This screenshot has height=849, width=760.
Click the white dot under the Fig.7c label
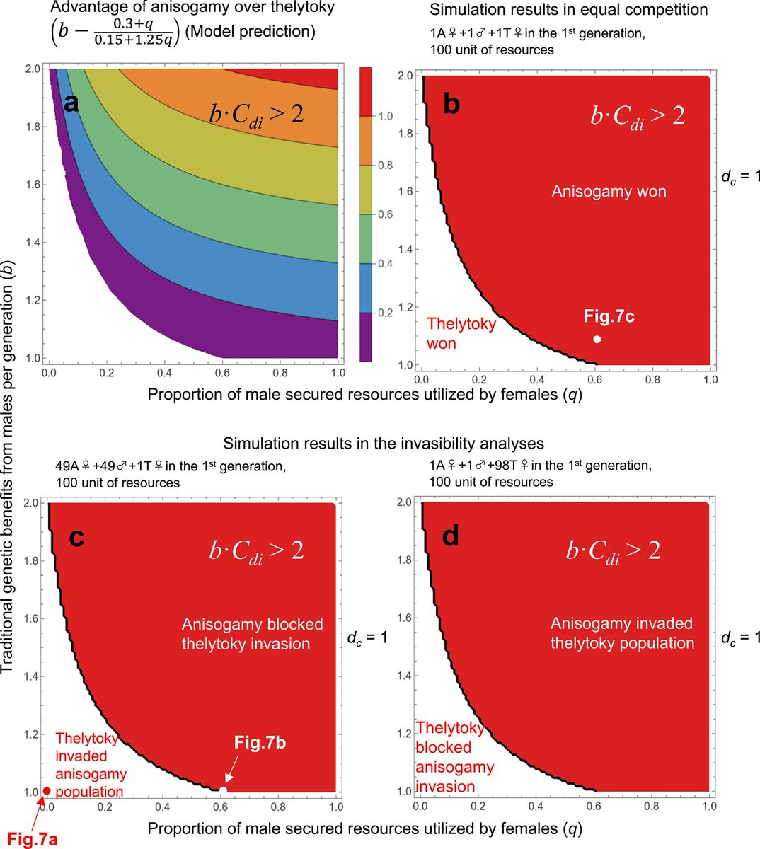coord(597,339)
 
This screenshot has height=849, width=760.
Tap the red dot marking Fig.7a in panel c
coord(47,791)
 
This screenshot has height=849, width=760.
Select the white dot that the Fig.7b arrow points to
coord(224,790)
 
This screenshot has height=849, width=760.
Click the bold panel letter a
coord(71,103)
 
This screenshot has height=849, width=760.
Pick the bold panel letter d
coord(451,537)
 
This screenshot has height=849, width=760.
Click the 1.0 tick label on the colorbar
coord(385,116)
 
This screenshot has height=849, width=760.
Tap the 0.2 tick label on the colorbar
coord(385,313)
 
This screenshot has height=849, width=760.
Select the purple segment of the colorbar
coord(366,337)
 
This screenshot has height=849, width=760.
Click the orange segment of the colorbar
coord(366,140)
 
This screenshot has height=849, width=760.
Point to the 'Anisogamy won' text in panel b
coord(609,191)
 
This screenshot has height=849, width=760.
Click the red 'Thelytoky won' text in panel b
coord(461,333)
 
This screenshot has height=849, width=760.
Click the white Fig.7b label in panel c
coord(260,742)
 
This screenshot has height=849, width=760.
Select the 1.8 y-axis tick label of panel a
coord(33,127)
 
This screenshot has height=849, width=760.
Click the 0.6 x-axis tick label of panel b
coord(594,380)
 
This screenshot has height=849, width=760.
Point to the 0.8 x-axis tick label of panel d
coord(652,806)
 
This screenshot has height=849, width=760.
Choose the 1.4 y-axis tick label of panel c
coord(33,676)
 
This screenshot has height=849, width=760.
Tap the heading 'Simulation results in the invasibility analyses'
coord(383,443)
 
